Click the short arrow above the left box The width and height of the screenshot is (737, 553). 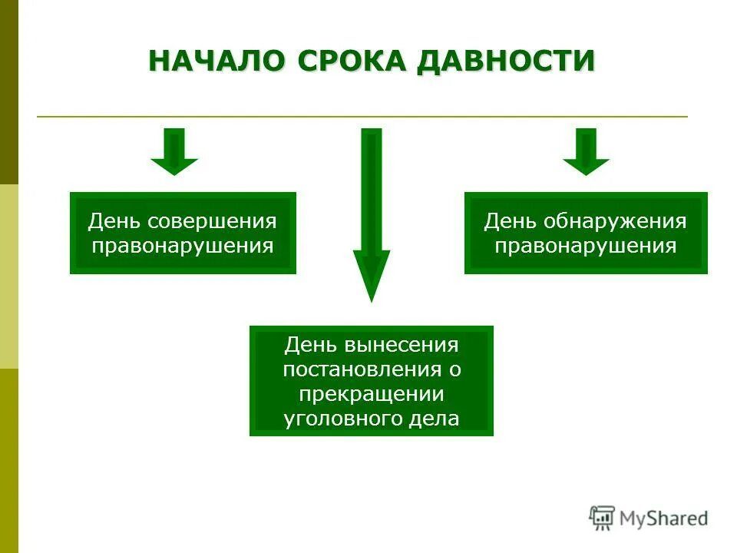[174, 151]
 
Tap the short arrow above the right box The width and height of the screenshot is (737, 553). [586, 151]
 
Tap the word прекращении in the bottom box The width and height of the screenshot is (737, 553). [372, 394]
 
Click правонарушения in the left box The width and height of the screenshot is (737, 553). [183, 247]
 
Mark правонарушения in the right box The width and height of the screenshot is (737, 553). [586, 247]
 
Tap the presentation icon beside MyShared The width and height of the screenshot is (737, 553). [601, 518]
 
